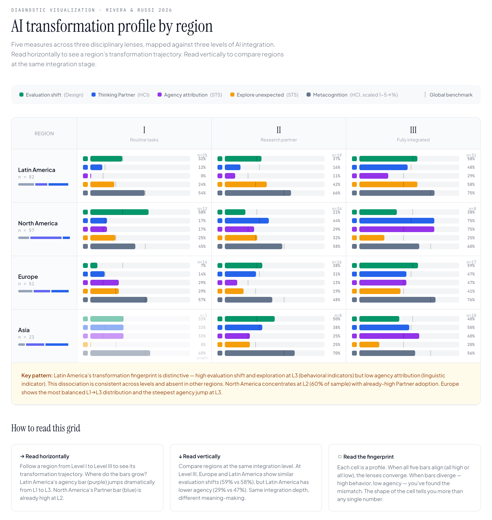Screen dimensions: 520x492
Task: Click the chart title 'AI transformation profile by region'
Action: (112, 26)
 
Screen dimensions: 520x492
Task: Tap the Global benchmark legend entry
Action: (451, 95)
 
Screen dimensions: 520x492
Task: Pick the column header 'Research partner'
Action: (279, 140)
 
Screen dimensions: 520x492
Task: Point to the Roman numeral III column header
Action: (413, 130)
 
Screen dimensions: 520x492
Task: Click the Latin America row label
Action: (37, 170)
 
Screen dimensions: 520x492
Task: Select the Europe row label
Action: (28, 277)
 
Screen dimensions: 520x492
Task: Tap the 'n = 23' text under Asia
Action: (26, 337)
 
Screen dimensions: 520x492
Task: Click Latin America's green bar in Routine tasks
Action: (106, 159)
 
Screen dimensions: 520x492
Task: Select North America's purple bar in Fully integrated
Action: (397, 229)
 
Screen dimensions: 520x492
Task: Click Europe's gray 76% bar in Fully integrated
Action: (397, 300)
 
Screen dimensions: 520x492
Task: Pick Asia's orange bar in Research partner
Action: (237, 345)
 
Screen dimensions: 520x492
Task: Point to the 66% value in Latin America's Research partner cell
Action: (336, 193)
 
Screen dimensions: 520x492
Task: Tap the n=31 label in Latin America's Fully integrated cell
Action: (471, 155)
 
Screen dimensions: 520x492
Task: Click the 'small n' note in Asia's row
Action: (202, 358)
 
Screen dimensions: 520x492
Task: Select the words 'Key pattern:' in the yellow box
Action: (37, 375)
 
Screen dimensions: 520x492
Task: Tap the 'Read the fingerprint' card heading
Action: (368, 457)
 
